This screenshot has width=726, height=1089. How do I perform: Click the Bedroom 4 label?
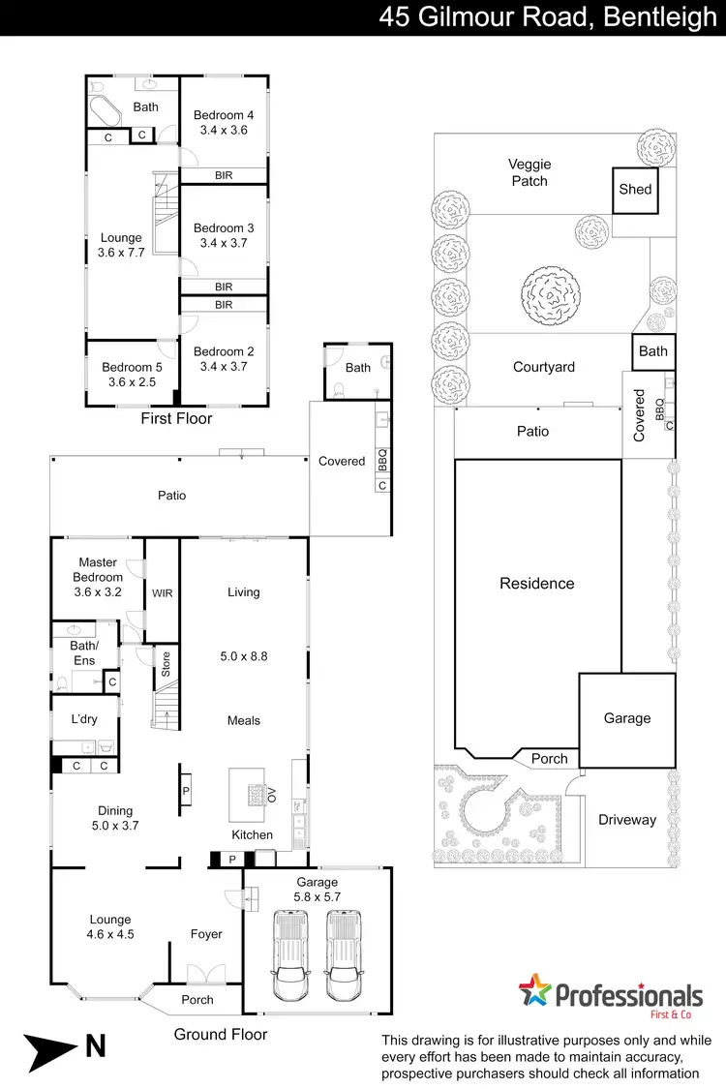click(224, 115)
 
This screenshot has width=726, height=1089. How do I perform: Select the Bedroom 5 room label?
click(132, 368)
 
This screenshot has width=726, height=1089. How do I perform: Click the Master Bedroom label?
click(97, 562)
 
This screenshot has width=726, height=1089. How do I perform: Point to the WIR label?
click(162, 592)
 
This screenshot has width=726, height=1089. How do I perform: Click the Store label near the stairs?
click(166, 664)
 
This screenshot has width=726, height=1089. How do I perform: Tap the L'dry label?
click(84, 719)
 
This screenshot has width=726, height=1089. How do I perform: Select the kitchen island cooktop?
click(256, 795)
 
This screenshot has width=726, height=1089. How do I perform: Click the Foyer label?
click(206, 934)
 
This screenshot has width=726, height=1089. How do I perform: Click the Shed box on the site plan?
click(635, 190)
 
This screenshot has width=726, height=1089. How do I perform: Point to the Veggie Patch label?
click(529, 172)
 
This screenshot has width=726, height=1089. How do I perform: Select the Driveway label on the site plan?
click(626, 820)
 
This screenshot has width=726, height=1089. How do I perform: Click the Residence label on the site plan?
click(536, 584)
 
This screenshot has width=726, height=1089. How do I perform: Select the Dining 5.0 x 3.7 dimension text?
click(115, 826)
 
